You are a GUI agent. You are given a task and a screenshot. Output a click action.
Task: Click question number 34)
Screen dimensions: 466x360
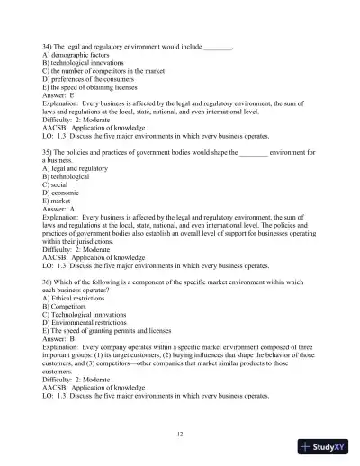49,43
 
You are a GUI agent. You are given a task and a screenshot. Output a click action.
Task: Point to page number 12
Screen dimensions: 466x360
180,434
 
